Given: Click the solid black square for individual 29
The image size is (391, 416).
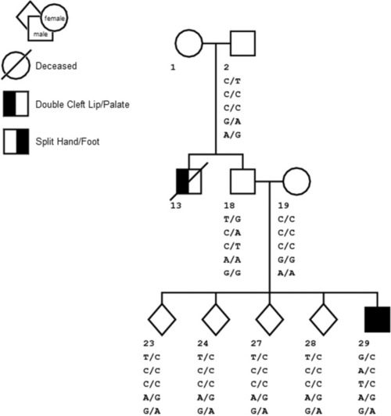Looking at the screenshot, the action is point(378,319).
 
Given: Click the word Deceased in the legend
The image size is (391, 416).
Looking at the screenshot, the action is point(56,66).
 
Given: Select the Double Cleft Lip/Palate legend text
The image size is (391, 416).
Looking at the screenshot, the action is point(82,104).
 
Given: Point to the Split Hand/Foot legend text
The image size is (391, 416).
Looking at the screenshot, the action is point(67,142).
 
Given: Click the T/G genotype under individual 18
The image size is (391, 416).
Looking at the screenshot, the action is point(232,220).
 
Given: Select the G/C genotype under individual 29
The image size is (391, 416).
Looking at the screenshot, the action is point(367,357).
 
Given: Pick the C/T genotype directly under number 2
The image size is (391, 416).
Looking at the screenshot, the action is point(232,81).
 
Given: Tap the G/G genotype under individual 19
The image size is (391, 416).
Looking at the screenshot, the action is point(286,260).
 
